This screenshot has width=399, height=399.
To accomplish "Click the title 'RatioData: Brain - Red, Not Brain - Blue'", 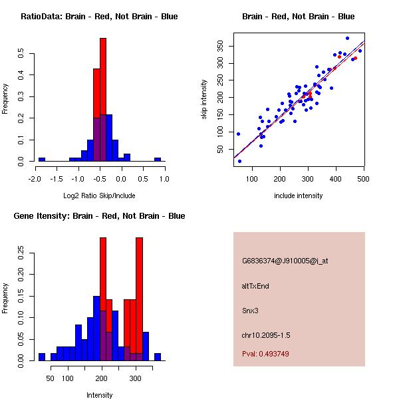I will pyautogui.click(x=99, y=17).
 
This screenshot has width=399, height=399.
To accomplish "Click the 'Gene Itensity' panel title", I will pyautogui.click(x=99, y=216).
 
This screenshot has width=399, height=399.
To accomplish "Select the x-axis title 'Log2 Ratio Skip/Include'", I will pyautogui.click(x=99, y=196).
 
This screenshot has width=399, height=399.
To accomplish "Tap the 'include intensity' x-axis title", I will pyautogui.click(x=299, y=196).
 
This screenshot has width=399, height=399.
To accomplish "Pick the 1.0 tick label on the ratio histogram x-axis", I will pyautogui.click(x=164, y=179).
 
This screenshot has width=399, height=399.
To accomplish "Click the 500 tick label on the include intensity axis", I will pyautogui.click(x=364, y=179).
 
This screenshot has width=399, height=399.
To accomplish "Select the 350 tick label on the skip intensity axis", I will pyautogui.click(x=220, y=46).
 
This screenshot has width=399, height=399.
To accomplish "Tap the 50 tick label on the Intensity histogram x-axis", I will pyautogui.click(x=50, y=378).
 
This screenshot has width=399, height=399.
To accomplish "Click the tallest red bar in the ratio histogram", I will pyautogui.click(x=103, y=100).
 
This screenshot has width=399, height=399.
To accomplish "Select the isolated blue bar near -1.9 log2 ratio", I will pyautogui.click(x=41, y=160).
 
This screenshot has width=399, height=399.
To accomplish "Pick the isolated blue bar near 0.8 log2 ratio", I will pyautogui.click(x=158, y=160).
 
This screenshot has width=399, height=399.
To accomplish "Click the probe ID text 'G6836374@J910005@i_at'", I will pyautogui.click(x=285, y=261).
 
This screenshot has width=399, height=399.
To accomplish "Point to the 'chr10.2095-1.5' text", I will pyautogui.click(x=266, y=334).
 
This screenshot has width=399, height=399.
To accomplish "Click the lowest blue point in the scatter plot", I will pyautogui.click(x=239, y=161).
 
